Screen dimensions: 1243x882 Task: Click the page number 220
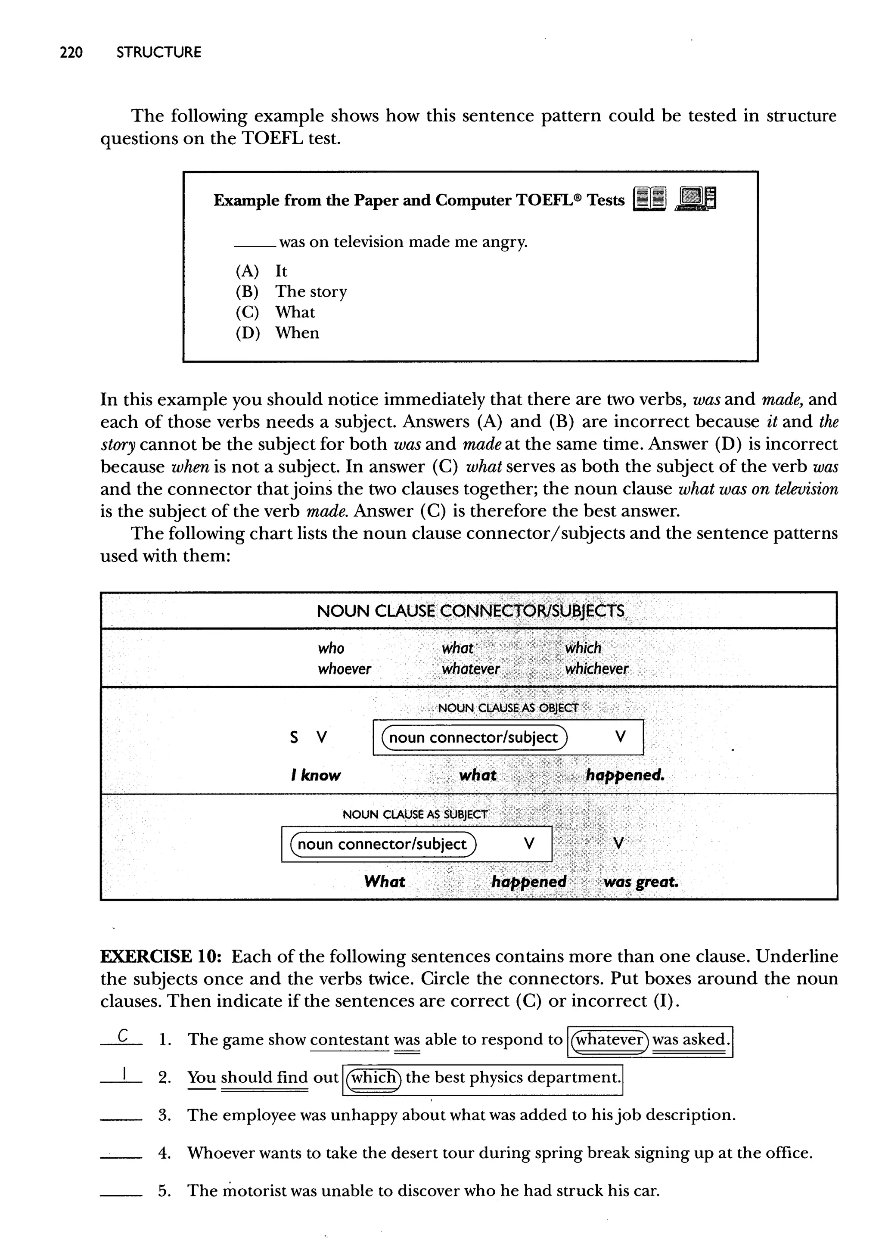pyautogui.click(x=71, y=53)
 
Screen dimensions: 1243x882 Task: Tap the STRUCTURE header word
pyautogui.click(x=158, y=53)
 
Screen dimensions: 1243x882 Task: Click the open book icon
pyautogui.click(x=649, y=199)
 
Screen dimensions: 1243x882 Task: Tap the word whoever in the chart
pyautogui.click(x=345, y=669)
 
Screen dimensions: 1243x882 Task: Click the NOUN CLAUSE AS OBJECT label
pyautogui.click(x=508, y=708)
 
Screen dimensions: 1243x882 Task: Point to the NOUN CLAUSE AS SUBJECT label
pyautogui.click(x=414, y=814)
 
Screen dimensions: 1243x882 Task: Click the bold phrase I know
pyautogui.click(x=316, y=775)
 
